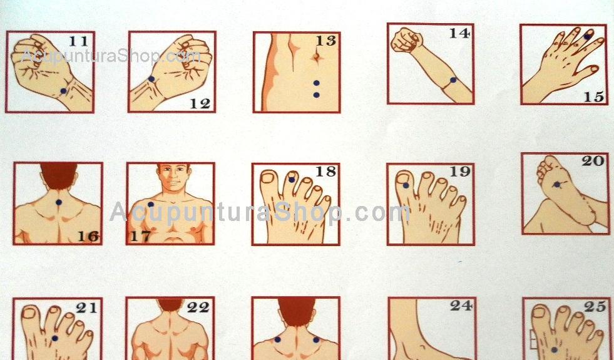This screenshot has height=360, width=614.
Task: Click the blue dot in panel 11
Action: [63, 91]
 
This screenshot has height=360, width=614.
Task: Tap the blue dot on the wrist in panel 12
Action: [151, 79]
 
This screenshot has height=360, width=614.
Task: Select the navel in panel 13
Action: [317, 58]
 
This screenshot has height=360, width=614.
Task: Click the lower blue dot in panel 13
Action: [317, 95]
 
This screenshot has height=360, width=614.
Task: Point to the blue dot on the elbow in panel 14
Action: [453, 80]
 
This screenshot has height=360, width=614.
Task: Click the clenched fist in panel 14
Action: [407, 40]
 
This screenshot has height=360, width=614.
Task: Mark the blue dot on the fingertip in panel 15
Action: [587, 36]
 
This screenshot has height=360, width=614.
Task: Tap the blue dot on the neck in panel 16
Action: [59, 202]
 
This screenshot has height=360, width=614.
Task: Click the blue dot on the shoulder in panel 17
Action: [151, 204]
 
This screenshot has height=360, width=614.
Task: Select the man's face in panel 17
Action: [173, 178]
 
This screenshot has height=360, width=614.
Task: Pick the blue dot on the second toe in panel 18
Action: [291, 180]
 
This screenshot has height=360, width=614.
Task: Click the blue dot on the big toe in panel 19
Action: [406, 185]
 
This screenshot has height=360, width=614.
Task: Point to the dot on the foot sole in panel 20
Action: [557, 184]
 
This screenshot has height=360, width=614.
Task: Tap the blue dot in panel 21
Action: [55, 338]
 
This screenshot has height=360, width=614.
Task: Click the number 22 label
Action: [198, 307]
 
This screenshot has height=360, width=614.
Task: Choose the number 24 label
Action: [461, 306]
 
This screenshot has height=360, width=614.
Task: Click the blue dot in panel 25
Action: [554, 349]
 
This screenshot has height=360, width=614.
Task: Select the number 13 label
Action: [326, 40]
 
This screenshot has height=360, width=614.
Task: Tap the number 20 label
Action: [593, 161]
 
